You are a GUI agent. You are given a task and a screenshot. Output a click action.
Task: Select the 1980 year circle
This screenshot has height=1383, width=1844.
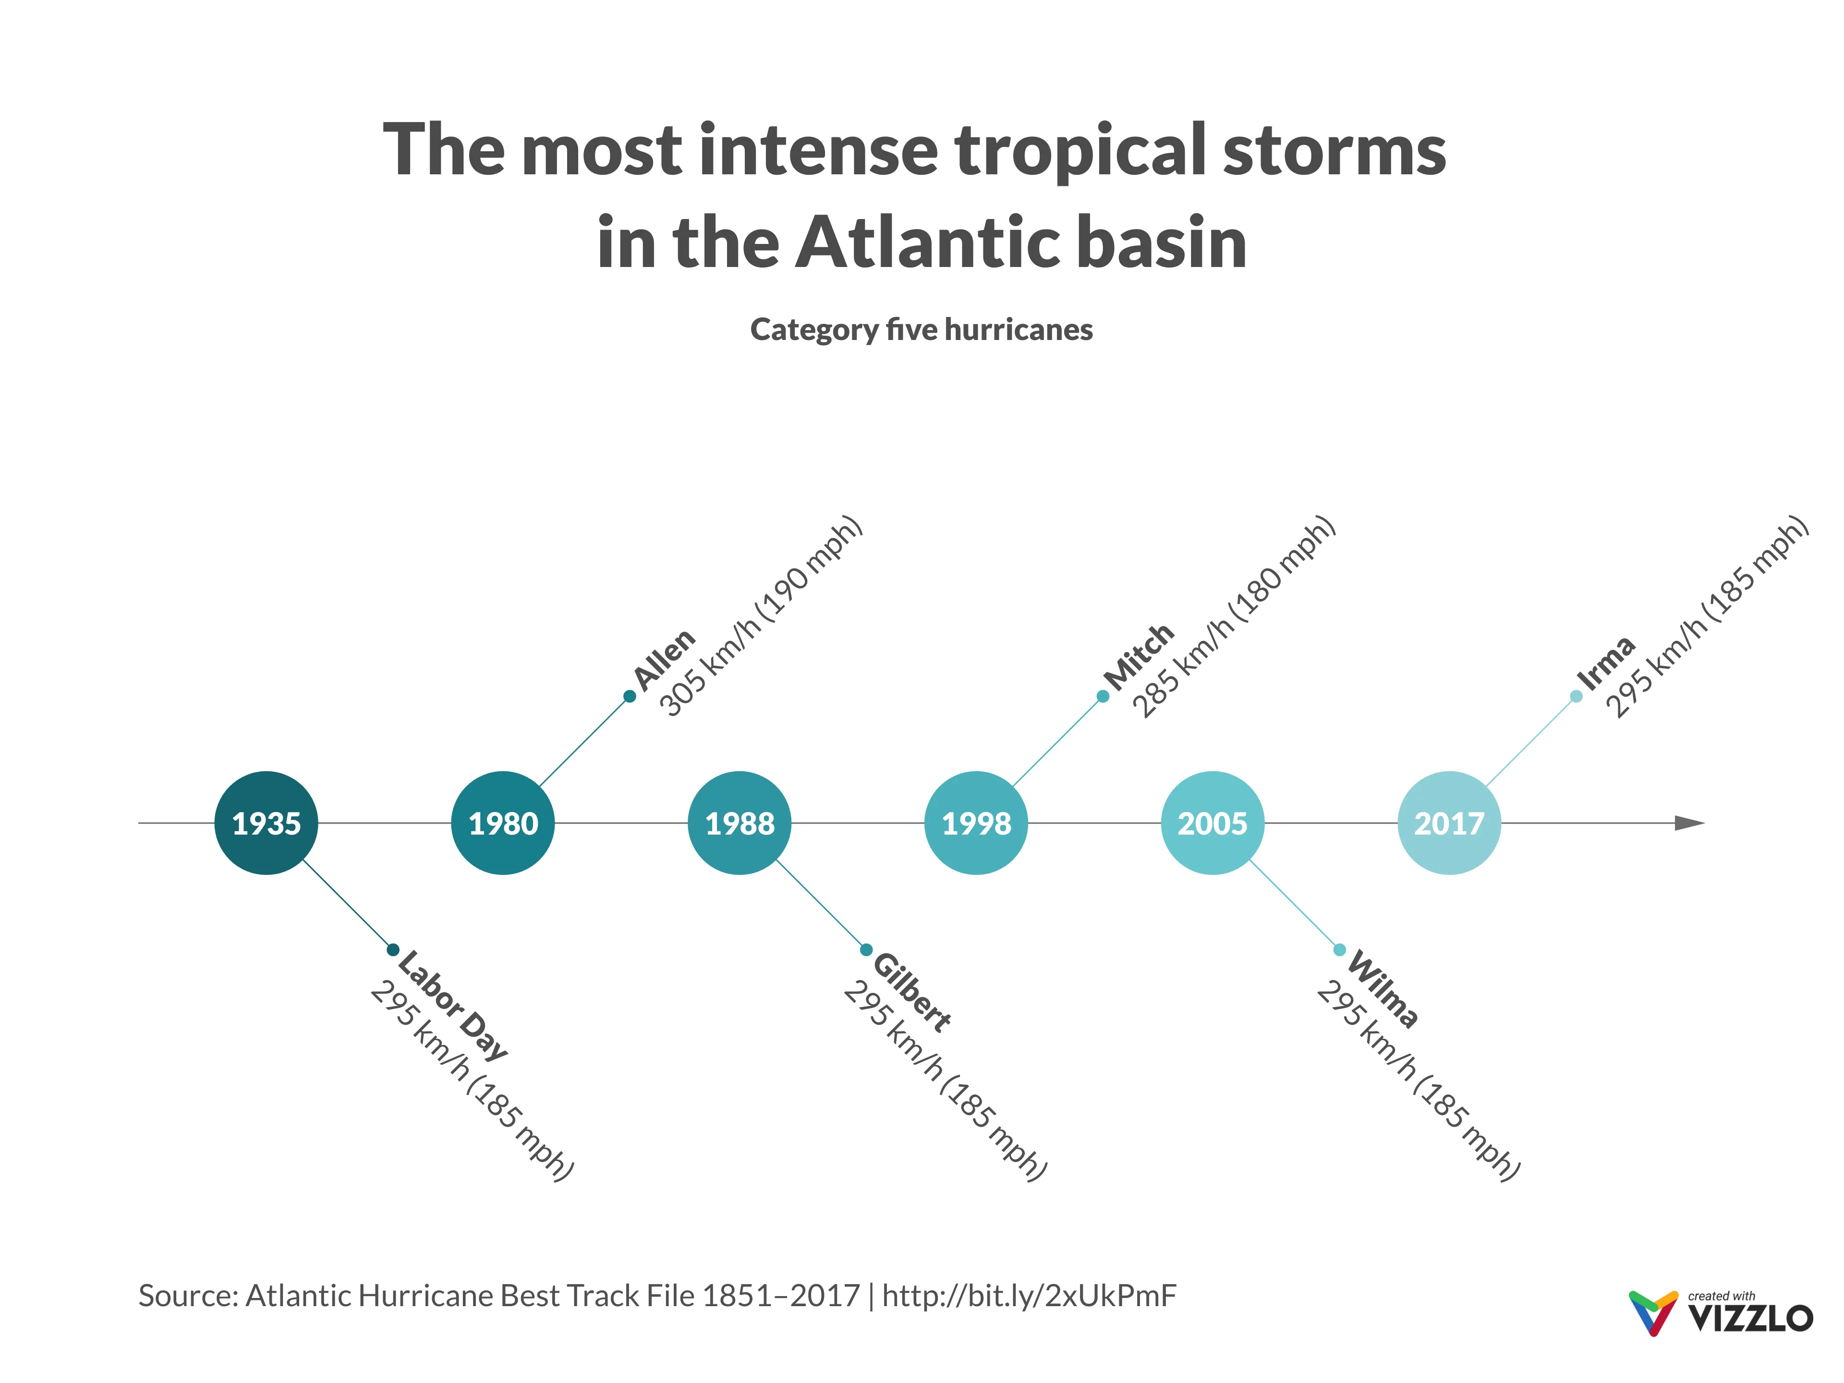(503, 823)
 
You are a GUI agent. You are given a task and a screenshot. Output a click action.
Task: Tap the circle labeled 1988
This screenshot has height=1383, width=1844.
(740, 823)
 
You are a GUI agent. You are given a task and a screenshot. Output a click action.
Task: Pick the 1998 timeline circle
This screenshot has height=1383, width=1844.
(976, 823)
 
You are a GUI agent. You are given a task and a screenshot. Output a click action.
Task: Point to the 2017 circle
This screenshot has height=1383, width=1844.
(1449, 823)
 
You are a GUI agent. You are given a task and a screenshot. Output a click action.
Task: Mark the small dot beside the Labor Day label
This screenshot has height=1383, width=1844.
(393, 949)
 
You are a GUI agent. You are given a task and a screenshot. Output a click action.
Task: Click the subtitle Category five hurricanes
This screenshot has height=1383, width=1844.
(921, 329)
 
